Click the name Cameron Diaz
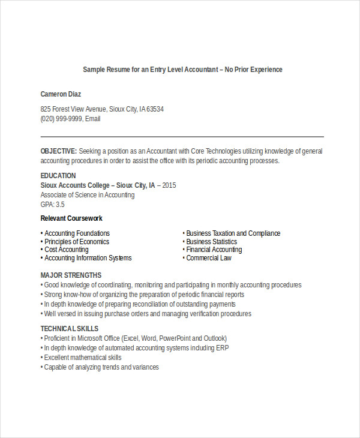61,94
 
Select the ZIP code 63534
155,109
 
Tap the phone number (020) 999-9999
61,119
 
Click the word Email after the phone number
92,119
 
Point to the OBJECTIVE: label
58,151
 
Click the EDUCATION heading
58,176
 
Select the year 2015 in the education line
169,185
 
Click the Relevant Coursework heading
71,218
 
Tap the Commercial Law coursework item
208,258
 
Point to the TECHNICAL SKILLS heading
70,329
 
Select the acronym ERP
222,348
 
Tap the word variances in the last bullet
145,367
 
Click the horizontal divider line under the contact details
182,136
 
